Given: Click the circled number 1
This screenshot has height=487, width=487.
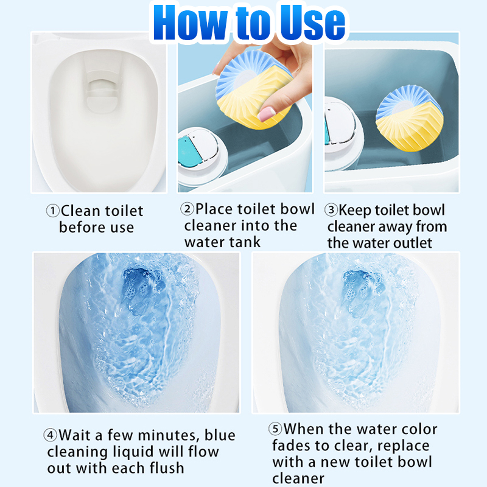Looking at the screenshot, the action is (x=52, y=211).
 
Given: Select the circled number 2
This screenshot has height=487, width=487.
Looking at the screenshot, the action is (x=187, y=209).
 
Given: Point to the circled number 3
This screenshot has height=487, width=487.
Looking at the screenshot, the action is (x=331, y=210).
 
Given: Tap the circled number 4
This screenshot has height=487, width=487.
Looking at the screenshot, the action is (x=51, y=435).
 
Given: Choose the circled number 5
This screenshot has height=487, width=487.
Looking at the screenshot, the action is (x=275, y=429).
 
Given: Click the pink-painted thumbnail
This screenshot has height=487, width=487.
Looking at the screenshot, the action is (x=267, y=114).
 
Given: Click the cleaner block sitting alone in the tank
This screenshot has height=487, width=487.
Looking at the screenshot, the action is (x=409, y=119).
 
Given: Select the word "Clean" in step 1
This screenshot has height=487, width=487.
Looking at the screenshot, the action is (x=80, y=211).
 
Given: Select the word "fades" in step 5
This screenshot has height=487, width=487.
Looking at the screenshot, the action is (x=291, y=446).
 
